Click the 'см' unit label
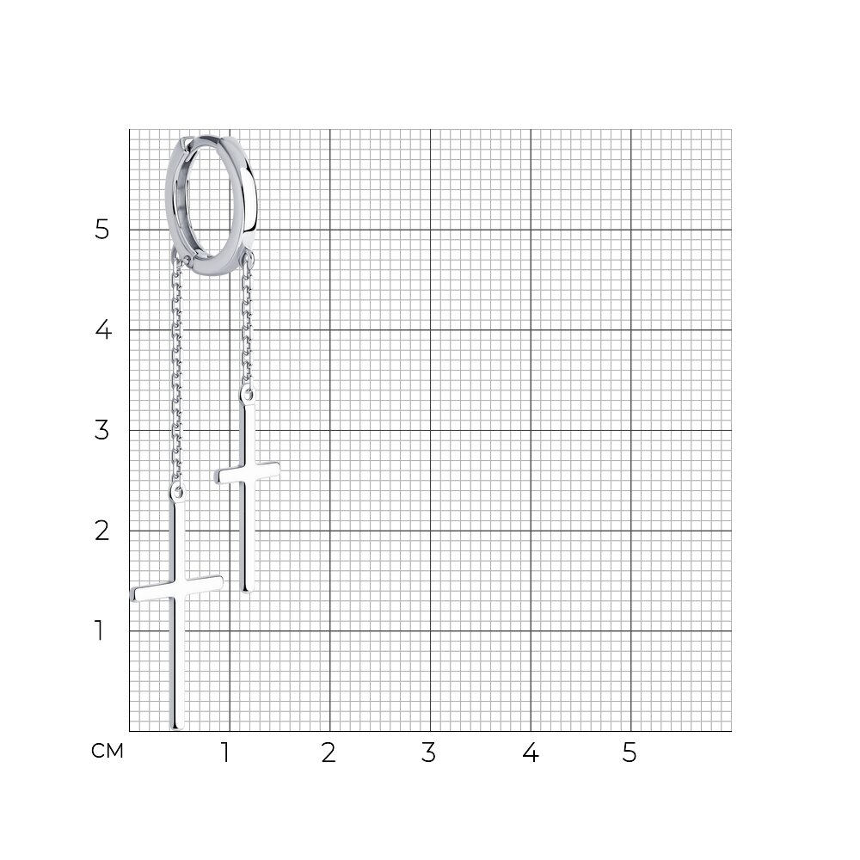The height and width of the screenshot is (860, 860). (x=107, y=751)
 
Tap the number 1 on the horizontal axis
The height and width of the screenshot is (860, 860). (x=224, y=752)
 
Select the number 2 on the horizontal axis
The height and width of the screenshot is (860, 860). (x=328, y=752)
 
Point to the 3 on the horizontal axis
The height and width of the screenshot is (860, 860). (x=428, y=752)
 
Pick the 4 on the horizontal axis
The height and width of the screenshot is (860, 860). (x=531, y=752)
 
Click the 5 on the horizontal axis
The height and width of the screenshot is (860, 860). (x=630, y=752)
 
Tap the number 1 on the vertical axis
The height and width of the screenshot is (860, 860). (x=99, y=630)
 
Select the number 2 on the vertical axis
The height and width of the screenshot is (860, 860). (x=102, y=531)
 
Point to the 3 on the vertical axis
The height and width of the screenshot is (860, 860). (x=102, y=430)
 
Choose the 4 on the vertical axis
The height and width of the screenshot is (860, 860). (x=103, y=329)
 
